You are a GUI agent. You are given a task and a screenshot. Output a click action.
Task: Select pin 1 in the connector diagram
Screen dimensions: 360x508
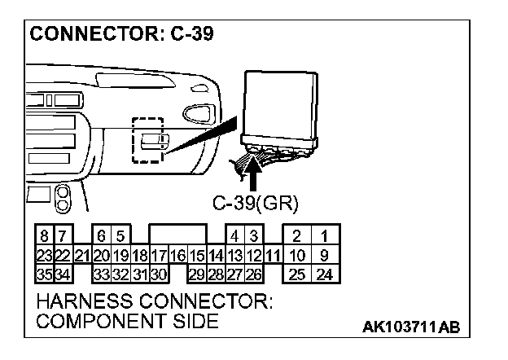pyautogui.click(x=325, y=236)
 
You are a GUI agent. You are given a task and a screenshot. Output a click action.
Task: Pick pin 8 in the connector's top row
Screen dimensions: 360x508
pyautogui.click(x=43, y=236)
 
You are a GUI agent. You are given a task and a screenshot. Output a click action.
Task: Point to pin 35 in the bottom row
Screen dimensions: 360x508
pyautogui.click(x=43, y=273)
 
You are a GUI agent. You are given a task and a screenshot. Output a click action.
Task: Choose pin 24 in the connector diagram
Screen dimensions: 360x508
pyautogui.click(x=325, y=273)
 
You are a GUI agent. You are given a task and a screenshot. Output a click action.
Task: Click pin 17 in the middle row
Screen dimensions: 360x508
pyautogui.click(x=158, y=254)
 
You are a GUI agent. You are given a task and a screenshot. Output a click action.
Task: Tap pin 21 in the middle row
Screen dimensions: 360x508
pyautogui.click(x=82, y=254)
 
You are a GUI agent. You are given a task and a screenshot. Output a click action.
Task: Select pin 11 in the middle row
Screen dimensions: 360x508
pyautogui.click(x=273, y=254)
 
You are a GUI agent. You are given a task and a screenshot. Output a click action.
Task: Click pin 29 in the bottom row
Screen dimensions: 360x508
pyautogui.click(x=196, y=273)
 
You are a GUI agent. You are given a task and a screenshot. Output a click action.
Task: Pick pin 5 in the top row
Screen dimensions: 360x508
pyautogui.click(x=120, y=236)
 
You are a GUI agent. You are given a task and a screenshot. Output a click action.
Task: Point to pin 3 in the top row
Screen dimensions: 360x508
pyautogui.click(x=253, y=236)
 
